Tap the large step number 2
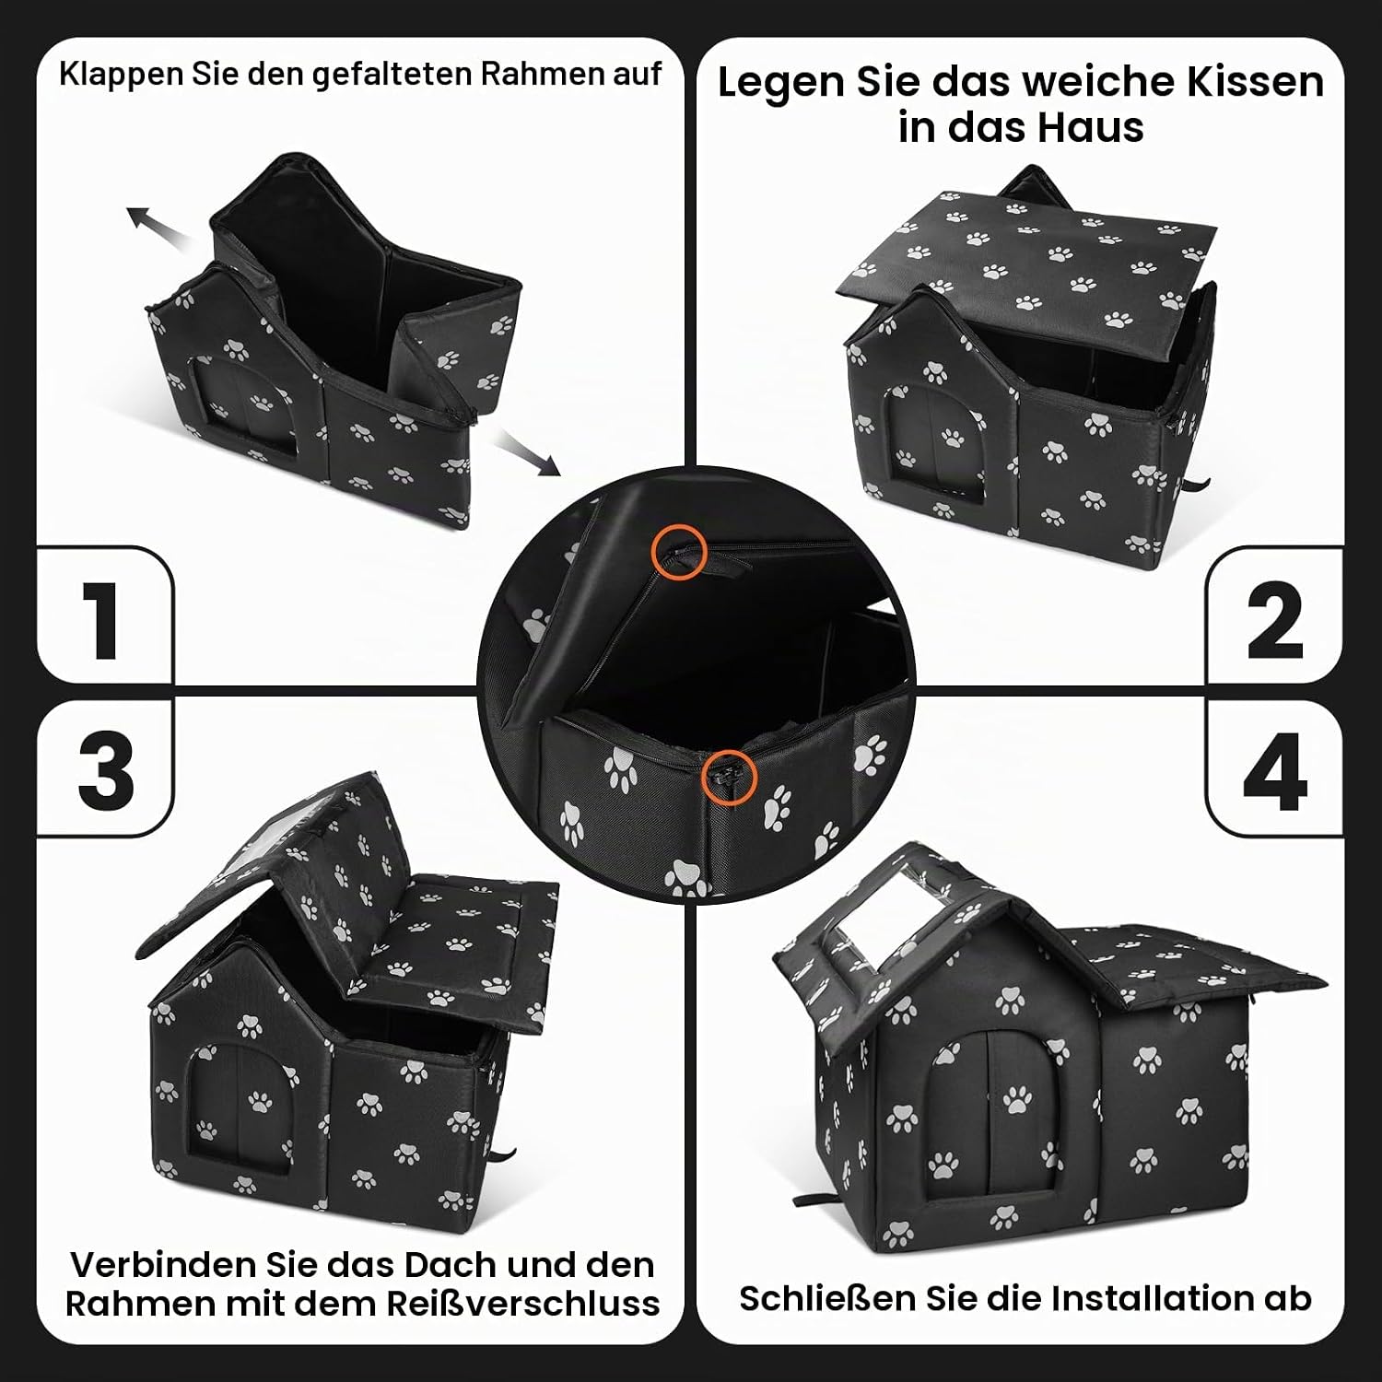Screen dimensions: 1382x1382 tap(1275, 621)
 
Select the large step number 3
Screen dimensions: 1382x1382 tap(106, 772)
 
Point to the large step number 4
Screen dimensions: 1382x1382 tap(1275, 772)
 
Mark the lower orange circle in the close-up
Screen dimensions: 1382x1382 tap(729, 777)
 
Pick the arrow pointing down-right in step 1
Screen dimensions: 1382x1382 tap(526, 453)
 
